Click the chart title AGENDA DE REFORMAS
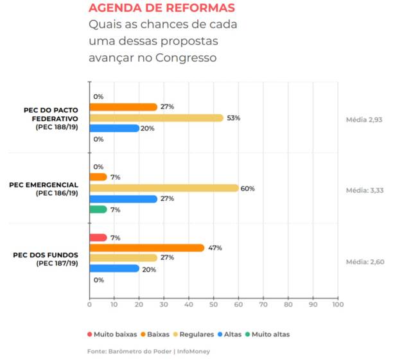(x=161, y=8)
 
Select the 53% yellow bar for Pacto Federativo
(x=156, y=117)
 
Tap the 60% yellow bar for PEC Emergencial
(x=164, y=188)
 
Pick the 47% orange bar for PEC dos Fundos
(x=146, y=248)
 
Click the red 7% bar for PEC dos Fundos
(x=98, y=237)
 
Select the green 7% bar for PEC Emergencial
(x=98, y=209)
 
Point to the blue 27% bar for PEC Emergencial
(x=123, y=199)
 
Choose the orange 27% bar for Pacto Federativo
(x=123, y=107)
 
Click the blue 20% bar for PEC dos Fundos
(x=114, y=269)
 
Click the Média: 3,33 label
(x=363, y=191)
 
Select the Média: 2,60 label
(x=363, y=261)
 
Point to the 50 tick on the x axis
(x=213, y=305)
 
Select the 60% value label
(x=248, y=189)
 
